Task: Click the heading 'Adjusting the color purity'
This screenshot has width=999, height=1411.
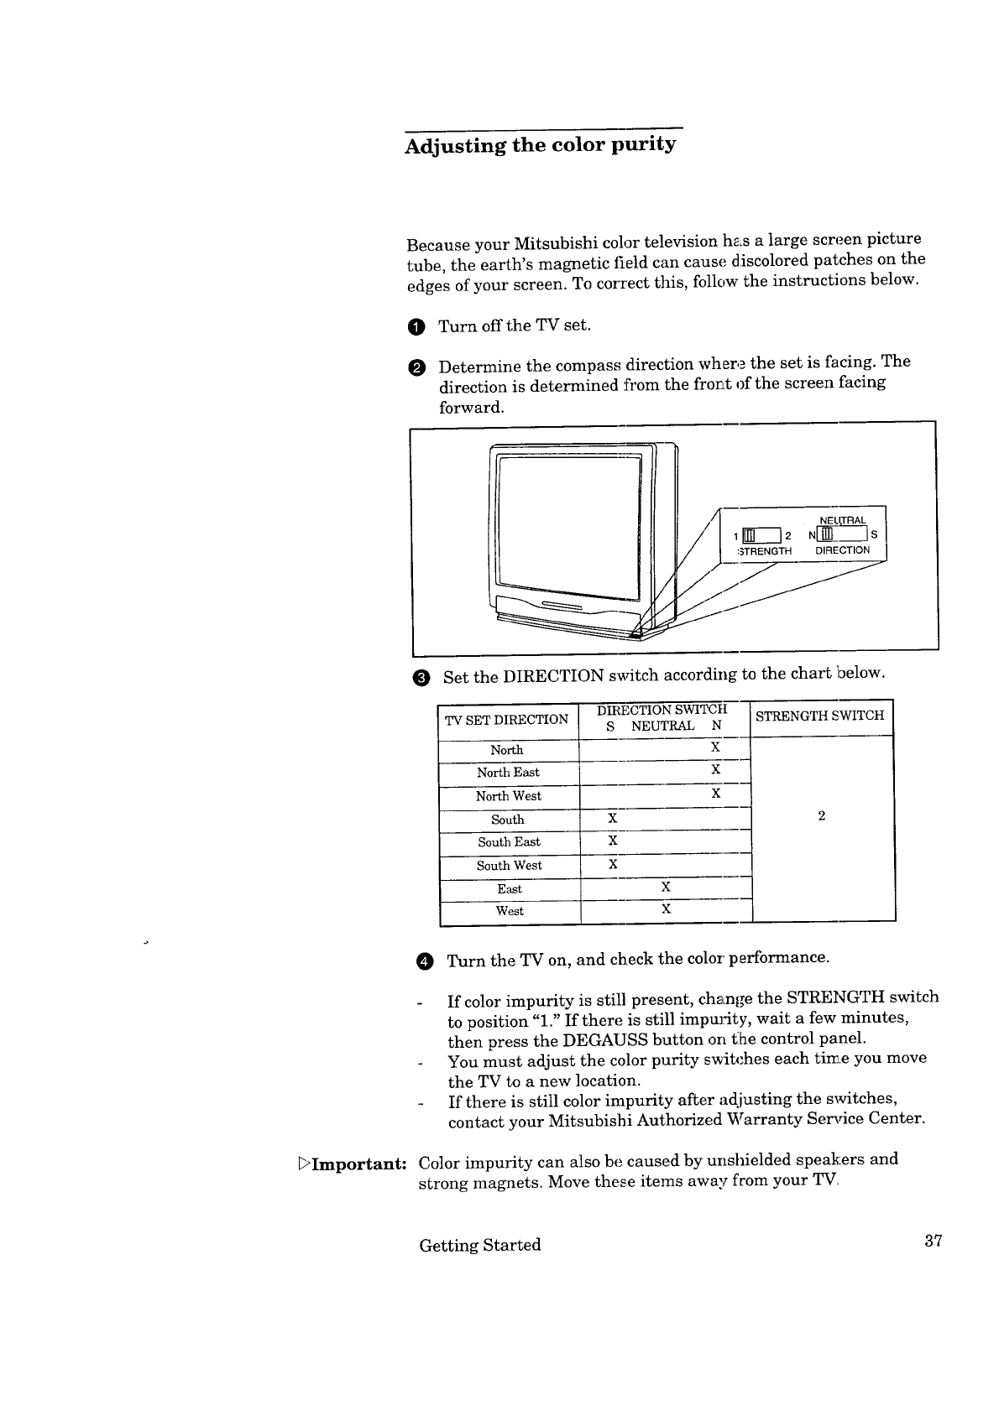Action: tap(540, 145)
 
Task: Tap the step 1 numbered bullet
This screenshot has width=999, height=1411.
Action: tap(416, 327)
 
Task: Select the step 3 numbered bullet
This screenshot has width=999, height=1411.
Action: tap(421, 678)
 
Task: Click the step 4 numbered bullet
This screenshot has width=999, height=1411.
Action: tap(425, 961)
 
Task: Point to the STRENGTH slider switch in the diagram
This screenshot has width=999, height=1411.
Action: tap(761, 535)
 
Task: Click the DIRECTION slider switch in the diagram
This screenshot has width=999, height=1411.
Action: tap(842, 534)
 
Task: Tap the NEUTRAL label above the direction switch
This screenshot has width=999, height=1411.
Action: tap(843, 520)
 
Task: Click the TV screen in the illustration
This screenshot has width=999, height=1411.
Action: tap(569, 527)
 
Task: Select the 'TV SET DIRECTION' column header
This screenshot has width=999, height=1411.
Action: tap(507, 720)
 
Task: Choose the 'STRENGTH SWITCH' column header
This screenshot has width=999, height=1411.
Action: tap(820, 716)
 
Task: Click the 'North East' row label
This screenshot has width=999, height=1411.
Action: tap(508, 773)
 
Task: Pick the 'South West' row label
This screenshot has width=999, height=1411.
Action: tap(510, 866)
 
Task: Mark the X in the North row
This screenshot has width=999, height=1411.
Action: tap(715, 747)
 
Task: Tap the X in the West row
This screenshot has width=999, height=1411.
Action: tap(667, 909)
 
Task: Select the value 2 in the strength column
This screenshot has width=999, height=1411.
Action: tap(821, 815)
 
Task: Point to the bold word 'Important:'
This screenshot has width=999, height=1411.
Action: tap(358, 1164)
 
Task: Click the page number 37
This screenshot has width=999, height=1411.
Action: tap(934, 1241)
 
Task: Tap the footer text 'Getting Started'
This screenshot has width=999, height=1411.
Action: tap(480, 1246)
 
